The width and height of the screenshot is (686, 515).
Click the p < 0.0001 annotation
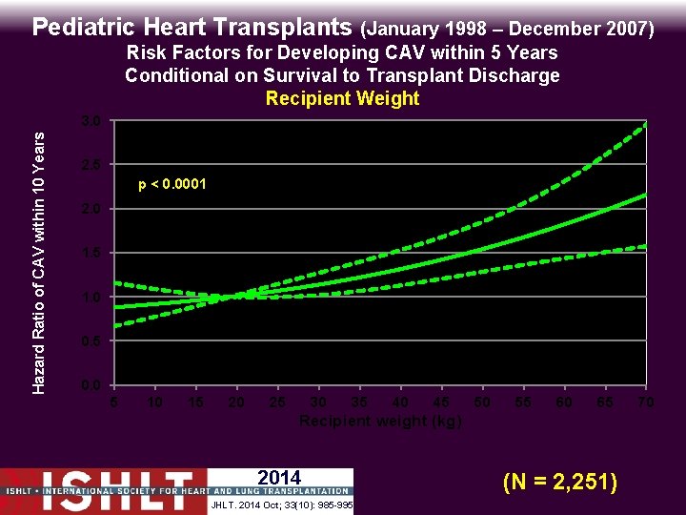click(172, 184)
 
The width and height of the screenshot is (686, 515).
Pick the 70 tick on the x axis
click(646, 402)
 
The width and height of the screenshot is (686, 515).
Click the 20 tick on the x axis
click(236, 402)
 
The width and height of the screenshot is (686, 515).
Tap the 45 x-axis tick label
click(441, 402)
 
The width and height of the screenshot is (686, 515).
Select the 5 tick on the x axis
click(114, 402)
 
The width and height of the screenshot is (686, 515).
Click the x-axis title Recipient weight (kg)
click(380, 421)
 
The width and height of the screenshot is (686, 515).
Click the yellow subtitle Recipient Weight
click(342, 98)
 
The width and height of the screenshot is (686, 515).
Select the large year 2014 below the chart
click(279, 478)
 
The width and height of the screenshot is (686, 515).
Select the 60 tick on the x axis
click(564, 402)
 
